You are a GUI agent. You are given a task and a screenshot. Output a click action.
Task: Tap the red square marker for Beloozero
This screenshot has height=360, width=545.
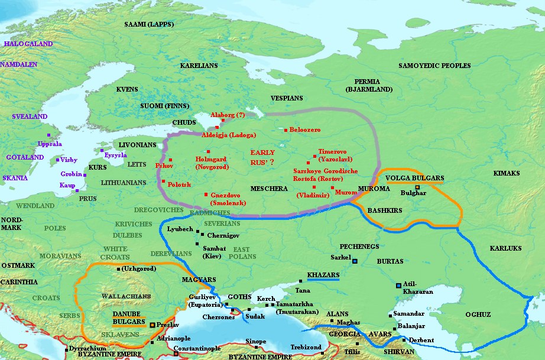pyautogui.click(x=286, y=130)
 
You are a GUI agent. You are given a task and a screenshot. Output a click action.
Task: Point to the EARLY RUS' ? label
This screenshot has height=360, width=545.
pyautogui.click(x=262, y=157)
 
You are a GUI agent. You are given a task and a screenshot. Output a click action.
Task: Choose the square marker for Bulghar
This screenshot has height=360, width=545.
pyautogui.click(x=417, y=187)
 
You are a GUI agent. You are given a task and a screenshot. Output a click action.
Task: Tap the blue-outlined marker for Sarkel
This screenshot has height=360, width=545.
pyautogui.click(x=355, y=261)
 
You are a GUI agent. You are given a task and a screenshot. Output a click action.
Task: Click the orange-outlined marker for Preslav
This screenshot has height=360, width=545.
pyautogui.click(x=153, y=325)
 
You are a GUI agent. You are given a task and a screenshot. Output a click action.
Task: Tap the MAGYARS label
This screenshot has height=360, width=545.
pyautogui.click(x=199, y=279)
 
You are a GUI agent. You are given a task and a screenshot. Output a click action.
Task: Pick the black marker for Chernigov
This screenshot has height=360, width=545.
pyautogui.click(x=203, y=235)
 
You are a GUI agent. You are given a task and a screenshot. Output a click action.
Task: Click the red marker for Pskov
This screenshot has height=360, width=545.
pyautogui.click(x=170, y=160)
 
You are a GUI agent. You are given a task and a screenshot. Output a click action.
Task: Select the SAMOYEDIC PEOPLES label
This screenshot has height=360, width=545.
pyautogui.click(x=434, y=66)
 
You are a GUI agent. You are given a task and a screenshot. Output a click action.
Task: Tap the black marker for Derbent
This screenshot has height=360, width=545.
pyautogui.click(x=404, y=340)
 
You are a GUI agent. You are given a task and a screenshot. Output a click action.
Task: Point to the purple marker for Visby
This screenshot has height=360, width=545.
pyautogui.click(x=57, y=160)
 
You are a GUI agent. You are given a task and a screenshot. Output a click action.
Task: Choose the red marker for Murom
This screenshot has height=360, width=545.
pyautogui.click(x=332, y=187)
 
